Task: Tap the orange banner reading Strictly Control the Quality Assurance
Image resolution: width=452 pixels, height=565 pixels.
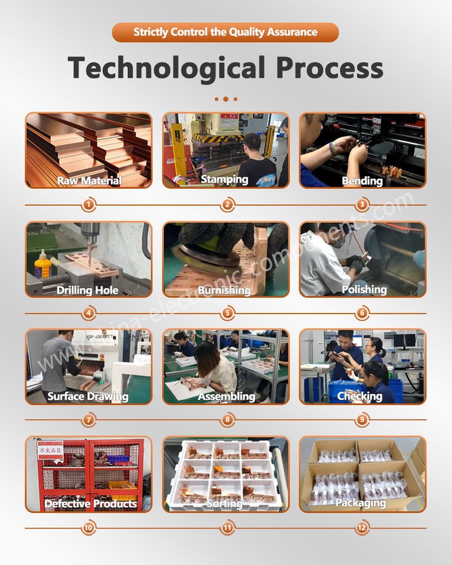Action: pyautogui.click(x=225, y=32)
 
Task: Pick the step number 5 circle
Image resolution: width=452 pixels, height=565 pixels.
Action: pyautogui.click(x=227, y=314)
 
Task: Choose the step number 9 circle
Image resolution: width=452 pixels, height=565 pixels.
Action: pyautogui.click(x=363, y=420)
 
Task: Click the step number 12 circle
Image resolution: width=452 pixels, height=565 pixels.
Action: pyautogui.click(x=363, y=528)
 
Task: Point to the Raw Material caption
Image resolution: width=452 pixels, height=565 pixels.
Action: pyautogui.click(x=89, y=181)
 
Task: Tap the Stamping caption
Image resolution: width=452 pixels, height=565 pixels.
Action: pyautogui.click(x=224, y=179)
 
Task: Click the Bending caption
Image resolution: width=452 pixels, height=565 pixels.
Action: pyautogui.click(x=362, y=181)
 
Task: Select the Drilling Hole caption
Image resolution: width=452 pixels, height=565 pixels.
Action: pyautogui.click(x=88, y=290)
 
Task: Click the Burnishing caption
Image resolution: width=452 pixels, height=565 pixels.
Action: pyautogui.click(x=224, y=290)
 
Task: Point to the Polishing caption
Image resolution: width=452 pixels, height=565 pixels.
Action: pyautogui.click(x=364, y=289)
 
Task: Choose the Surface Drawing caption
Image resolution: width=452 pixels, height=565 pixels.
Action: pyautogui.click(x=88, y=396)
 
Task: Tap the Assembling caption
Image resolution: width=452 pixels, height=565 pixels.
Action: pyautogui.click(x=226, y=396)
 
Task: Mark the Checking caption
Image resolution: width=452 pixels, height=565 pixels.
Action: pyautogui.click(x=359, y=396)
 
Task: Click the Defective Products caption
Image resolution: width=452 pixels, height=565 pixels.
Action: pyautogui.click(x=91, y=503)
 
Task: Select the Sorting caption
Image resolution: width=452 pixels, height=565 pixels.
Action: pyautogui.click(x=224, y=503)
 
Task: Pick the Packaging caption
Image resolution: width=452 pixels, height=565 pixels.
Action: pyautogui.click(x=361, y=503)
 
